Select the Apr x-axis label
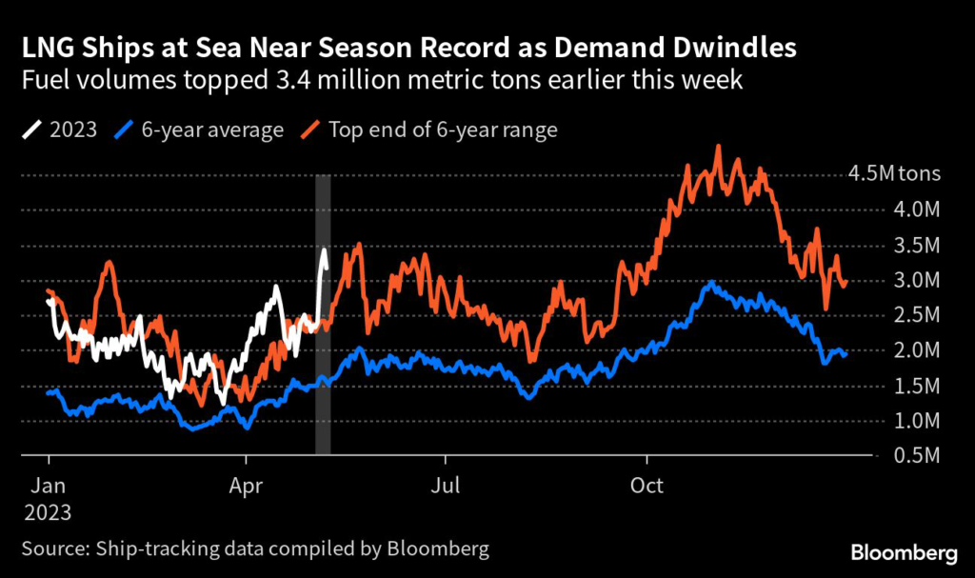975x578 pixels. pos(247,484)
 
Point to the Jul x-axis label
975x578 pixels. pos(445,484)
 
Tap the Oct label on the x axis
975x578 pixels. pos(647,484)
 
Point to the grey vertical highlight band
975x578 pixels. pos(323,314)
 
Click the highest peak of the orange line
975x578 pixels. pos(718,148)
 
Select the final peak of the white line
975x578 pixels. pos(325,250)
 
